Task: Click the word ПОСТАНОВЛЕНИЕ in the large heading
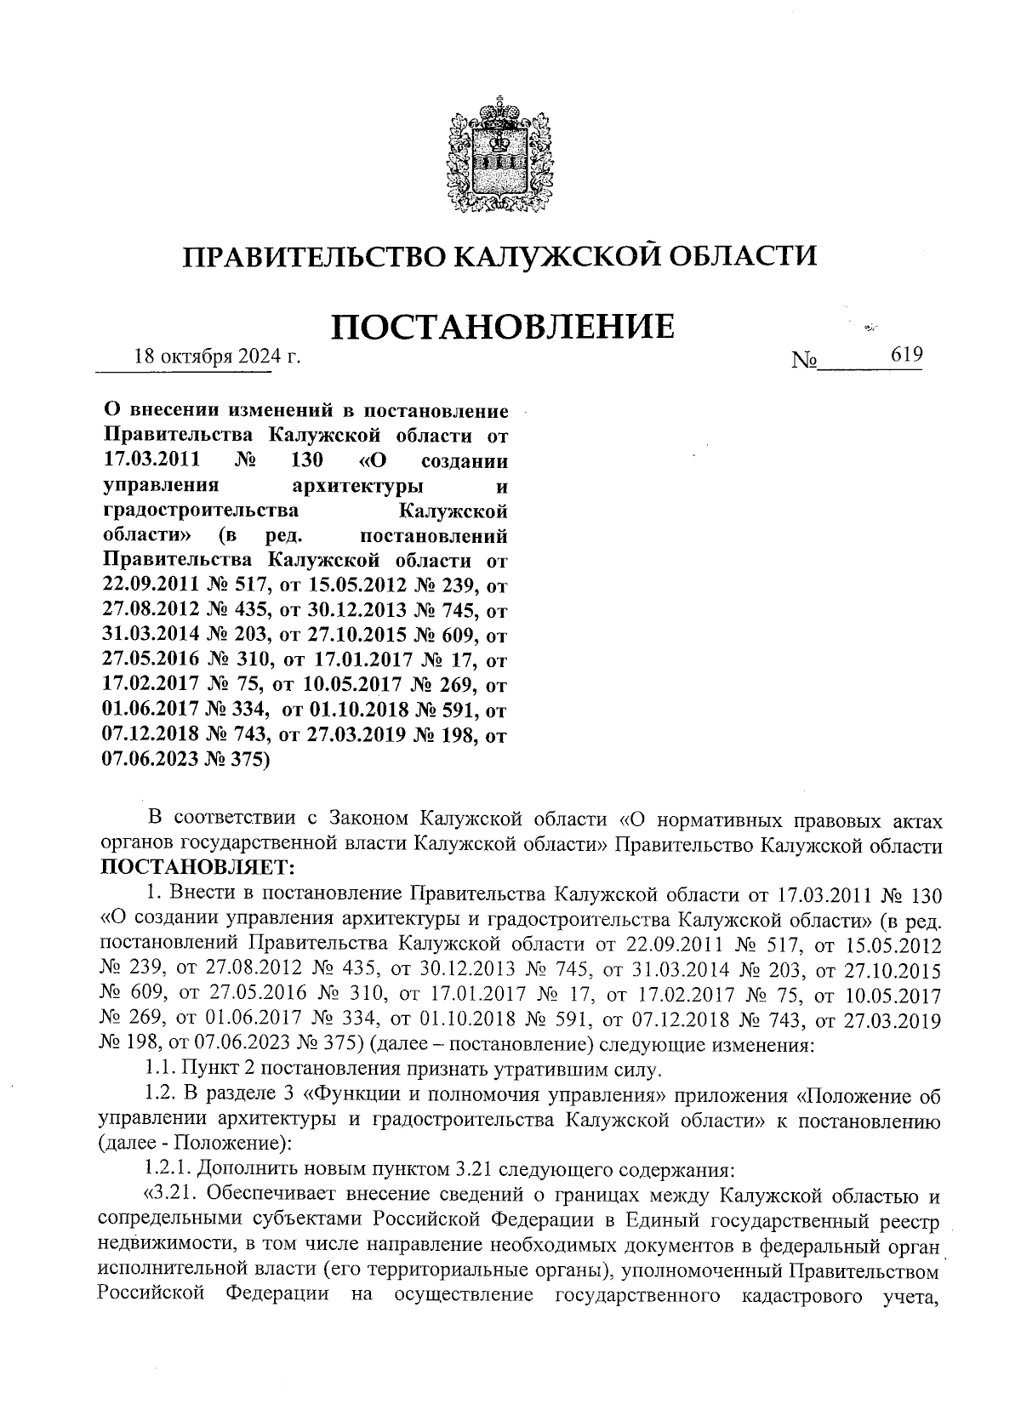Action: [502, 327]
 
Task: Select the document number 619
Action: [906, 355]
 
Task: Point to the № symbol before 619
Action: [804, 361]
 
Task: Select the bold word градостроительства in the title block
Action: [200, 511]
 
